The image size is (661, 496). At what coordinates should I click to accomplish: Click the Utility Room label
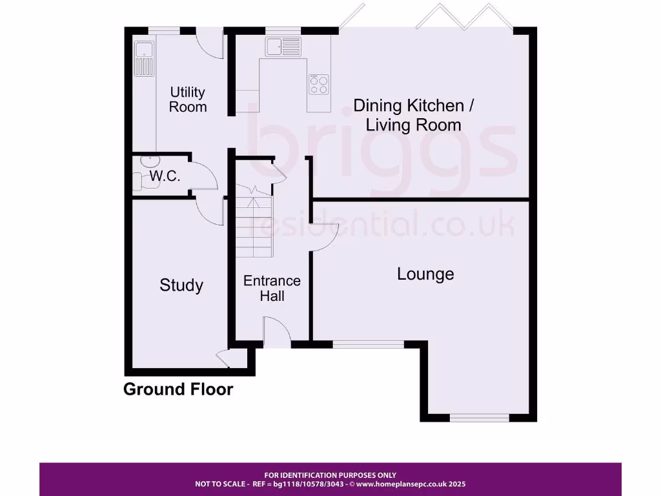188,99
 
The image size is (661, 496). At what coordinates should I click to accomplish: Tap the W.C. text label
165,176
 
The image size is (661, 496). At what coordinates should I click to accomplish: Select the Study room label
181,285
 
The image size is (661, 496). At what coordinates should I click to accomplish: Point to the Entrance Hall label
272,289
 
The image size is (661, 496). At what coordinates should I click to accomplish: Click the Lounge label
425,274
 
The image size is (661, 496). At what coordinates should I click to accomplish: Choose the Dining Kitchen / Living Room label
417,115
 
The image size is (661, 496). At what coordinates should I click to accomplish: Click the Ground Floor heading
178,389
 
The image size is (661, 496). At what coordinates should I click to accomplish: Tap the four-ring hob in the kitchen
319,85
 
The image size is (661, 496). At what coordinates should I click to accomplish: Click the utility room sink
143,57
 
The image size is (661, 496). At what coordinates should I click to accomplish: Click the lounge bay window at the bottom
479,418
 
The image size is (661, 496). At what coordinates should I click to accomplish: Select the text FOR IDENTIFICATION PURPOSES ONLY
330,475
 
